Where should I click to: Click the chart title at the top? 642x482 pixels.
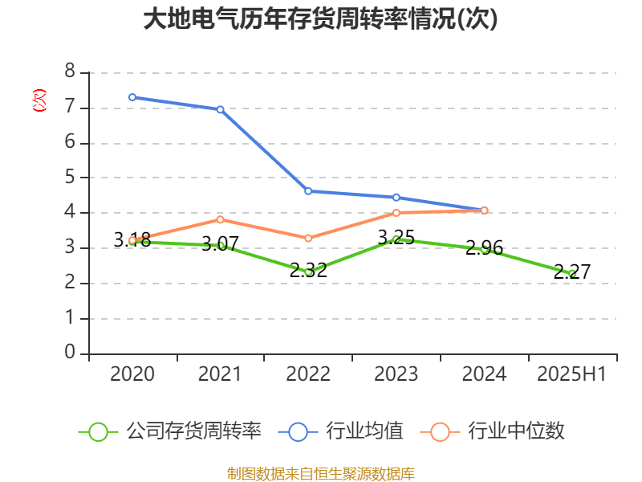[320, 19]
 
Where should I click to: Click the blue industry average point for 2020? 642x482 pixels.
[132, 97]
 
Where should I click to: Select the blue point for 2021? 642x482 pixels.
[220, 109]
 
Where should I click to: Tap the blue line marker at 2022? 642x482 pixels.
[308, 191]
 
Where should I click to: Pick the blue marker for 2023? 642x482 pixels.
[396, 197]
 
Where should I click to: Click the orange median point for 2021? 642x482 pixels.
[220, 219]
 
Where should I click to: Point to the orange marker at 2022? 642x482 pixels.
[308, 238]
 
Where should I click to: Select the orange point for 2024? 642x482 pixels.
[485, 210]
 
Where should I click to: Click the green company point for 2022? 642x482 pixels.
[308, 272]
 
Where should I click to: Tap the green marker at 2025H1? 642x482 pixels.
[572, 274]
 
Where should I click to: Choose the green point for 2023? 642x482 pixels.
[396, 239]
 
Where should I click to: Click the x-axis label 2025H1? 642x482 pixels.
[572, 374]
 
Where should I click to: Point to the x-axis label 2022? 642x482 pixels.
[308, 374]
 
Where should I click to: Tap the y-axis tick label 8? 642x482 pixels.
[70, 72]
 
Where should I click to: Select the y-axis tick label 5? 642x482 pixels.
[70, 178]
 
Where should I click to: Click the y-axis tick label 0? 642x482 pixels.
[70, 353]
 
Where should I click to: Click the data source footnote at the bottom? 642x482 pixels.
[320, 473]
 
